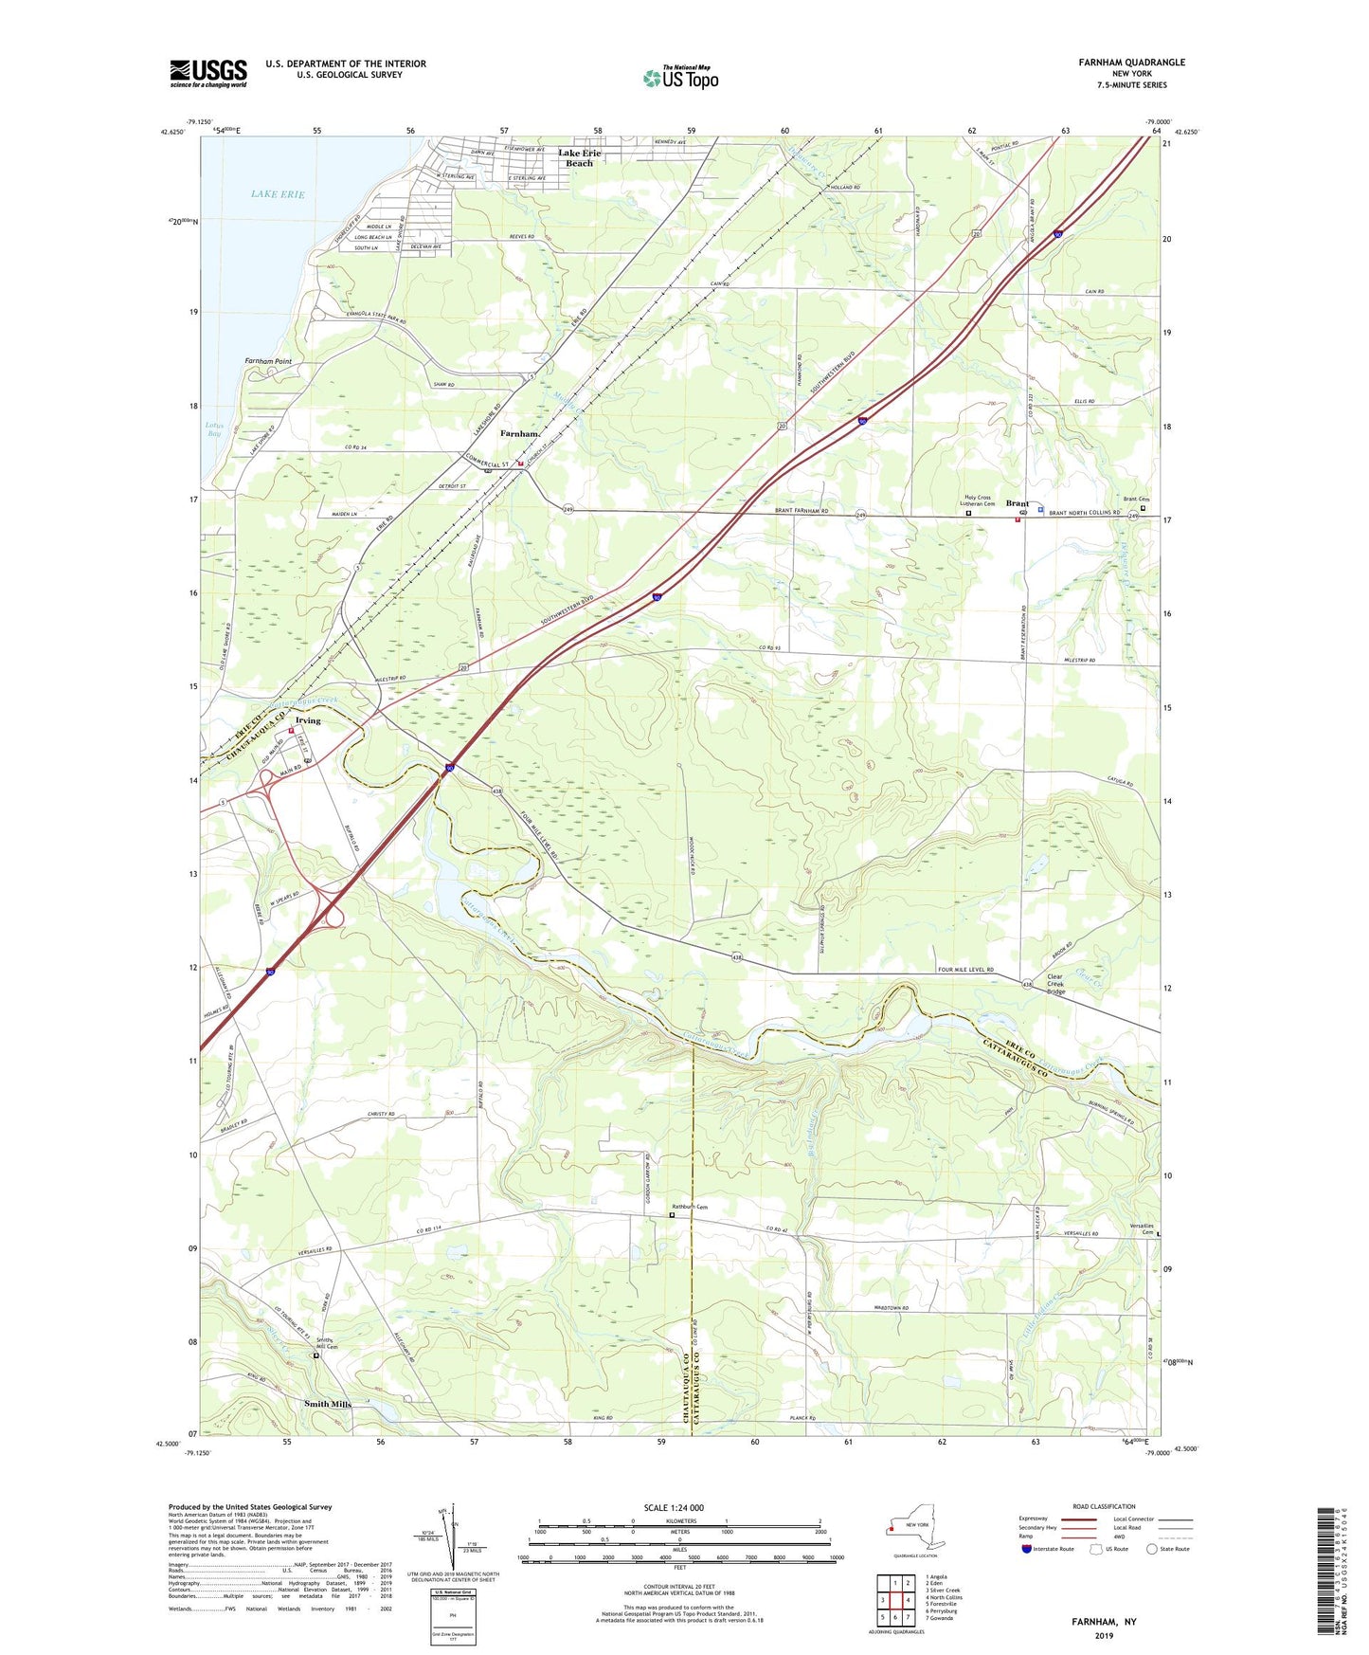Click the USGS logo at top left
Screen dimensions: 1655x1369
pyautogui.click(x=208, y=73)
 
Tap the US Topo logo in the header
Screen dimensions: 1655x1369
pyautogui.click(x=680, y=77)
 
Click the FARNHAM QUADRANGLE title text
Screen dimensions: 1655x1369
pyautogui.click(x=1131, y=63)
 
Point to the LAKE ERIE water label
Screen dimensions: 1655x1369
pyautogui.click(x=278, y=194)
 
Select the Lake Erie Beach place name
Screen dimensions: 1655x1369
pyautogui.click(x=579, y=158)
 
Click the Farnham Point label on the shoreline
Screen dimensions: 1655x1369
pyautogui.click(x=268, y=361)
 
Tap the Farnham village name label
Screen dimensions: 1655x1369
pyautogui.click(x=518, y=433)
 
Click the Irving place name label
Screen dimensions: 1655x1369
pyautogui.click(x=306, y=720)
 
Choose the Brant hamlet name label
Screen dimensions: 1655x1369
pyautogui.click(x=1017, y=503)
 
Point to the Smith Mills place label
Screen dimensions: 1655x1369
pyautogui.click(x=328, y=1404)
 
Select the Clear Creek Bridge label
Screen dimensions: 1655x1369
pyautogui.click(x=1054, y=984)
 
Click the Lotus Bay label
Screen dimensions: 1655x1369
pyautogui.click(x=214, y=428)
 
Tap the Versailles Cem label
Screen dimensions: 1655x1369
pyautogui.click(x=1144, y=1228)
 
